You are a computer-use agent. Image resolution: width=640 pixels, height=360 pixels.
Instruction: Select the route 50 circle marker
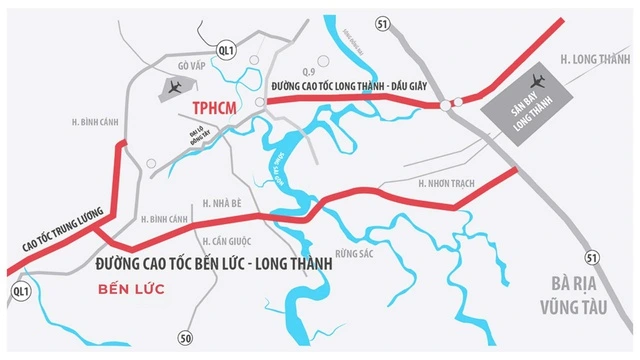[x=185, y=336]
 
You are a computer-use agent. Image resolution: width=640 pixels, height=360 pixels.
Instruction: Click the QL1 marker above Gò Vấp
[x=226, y=48]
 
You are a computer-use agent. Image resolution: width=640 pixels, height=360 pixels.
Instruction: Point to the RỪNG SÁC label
[x=355, y=255]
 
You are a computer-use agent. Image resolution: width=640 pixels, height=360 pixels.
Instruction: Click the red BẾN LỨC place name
[x=131, y=290]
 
